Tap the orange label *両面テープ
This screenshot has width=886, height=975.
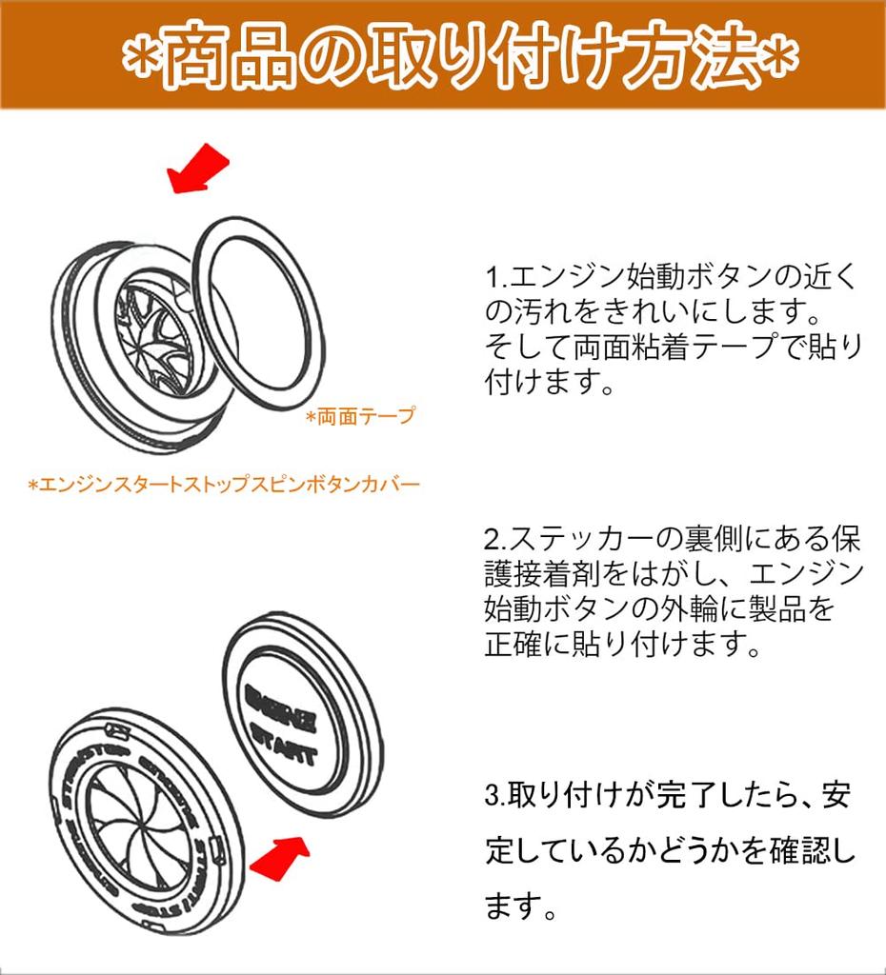click(360, 417)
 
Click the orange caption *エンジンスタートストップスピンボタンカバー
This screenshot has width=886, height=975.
click(223, 485)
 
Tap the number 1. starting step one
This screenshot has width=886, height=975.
click(496, 278)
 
